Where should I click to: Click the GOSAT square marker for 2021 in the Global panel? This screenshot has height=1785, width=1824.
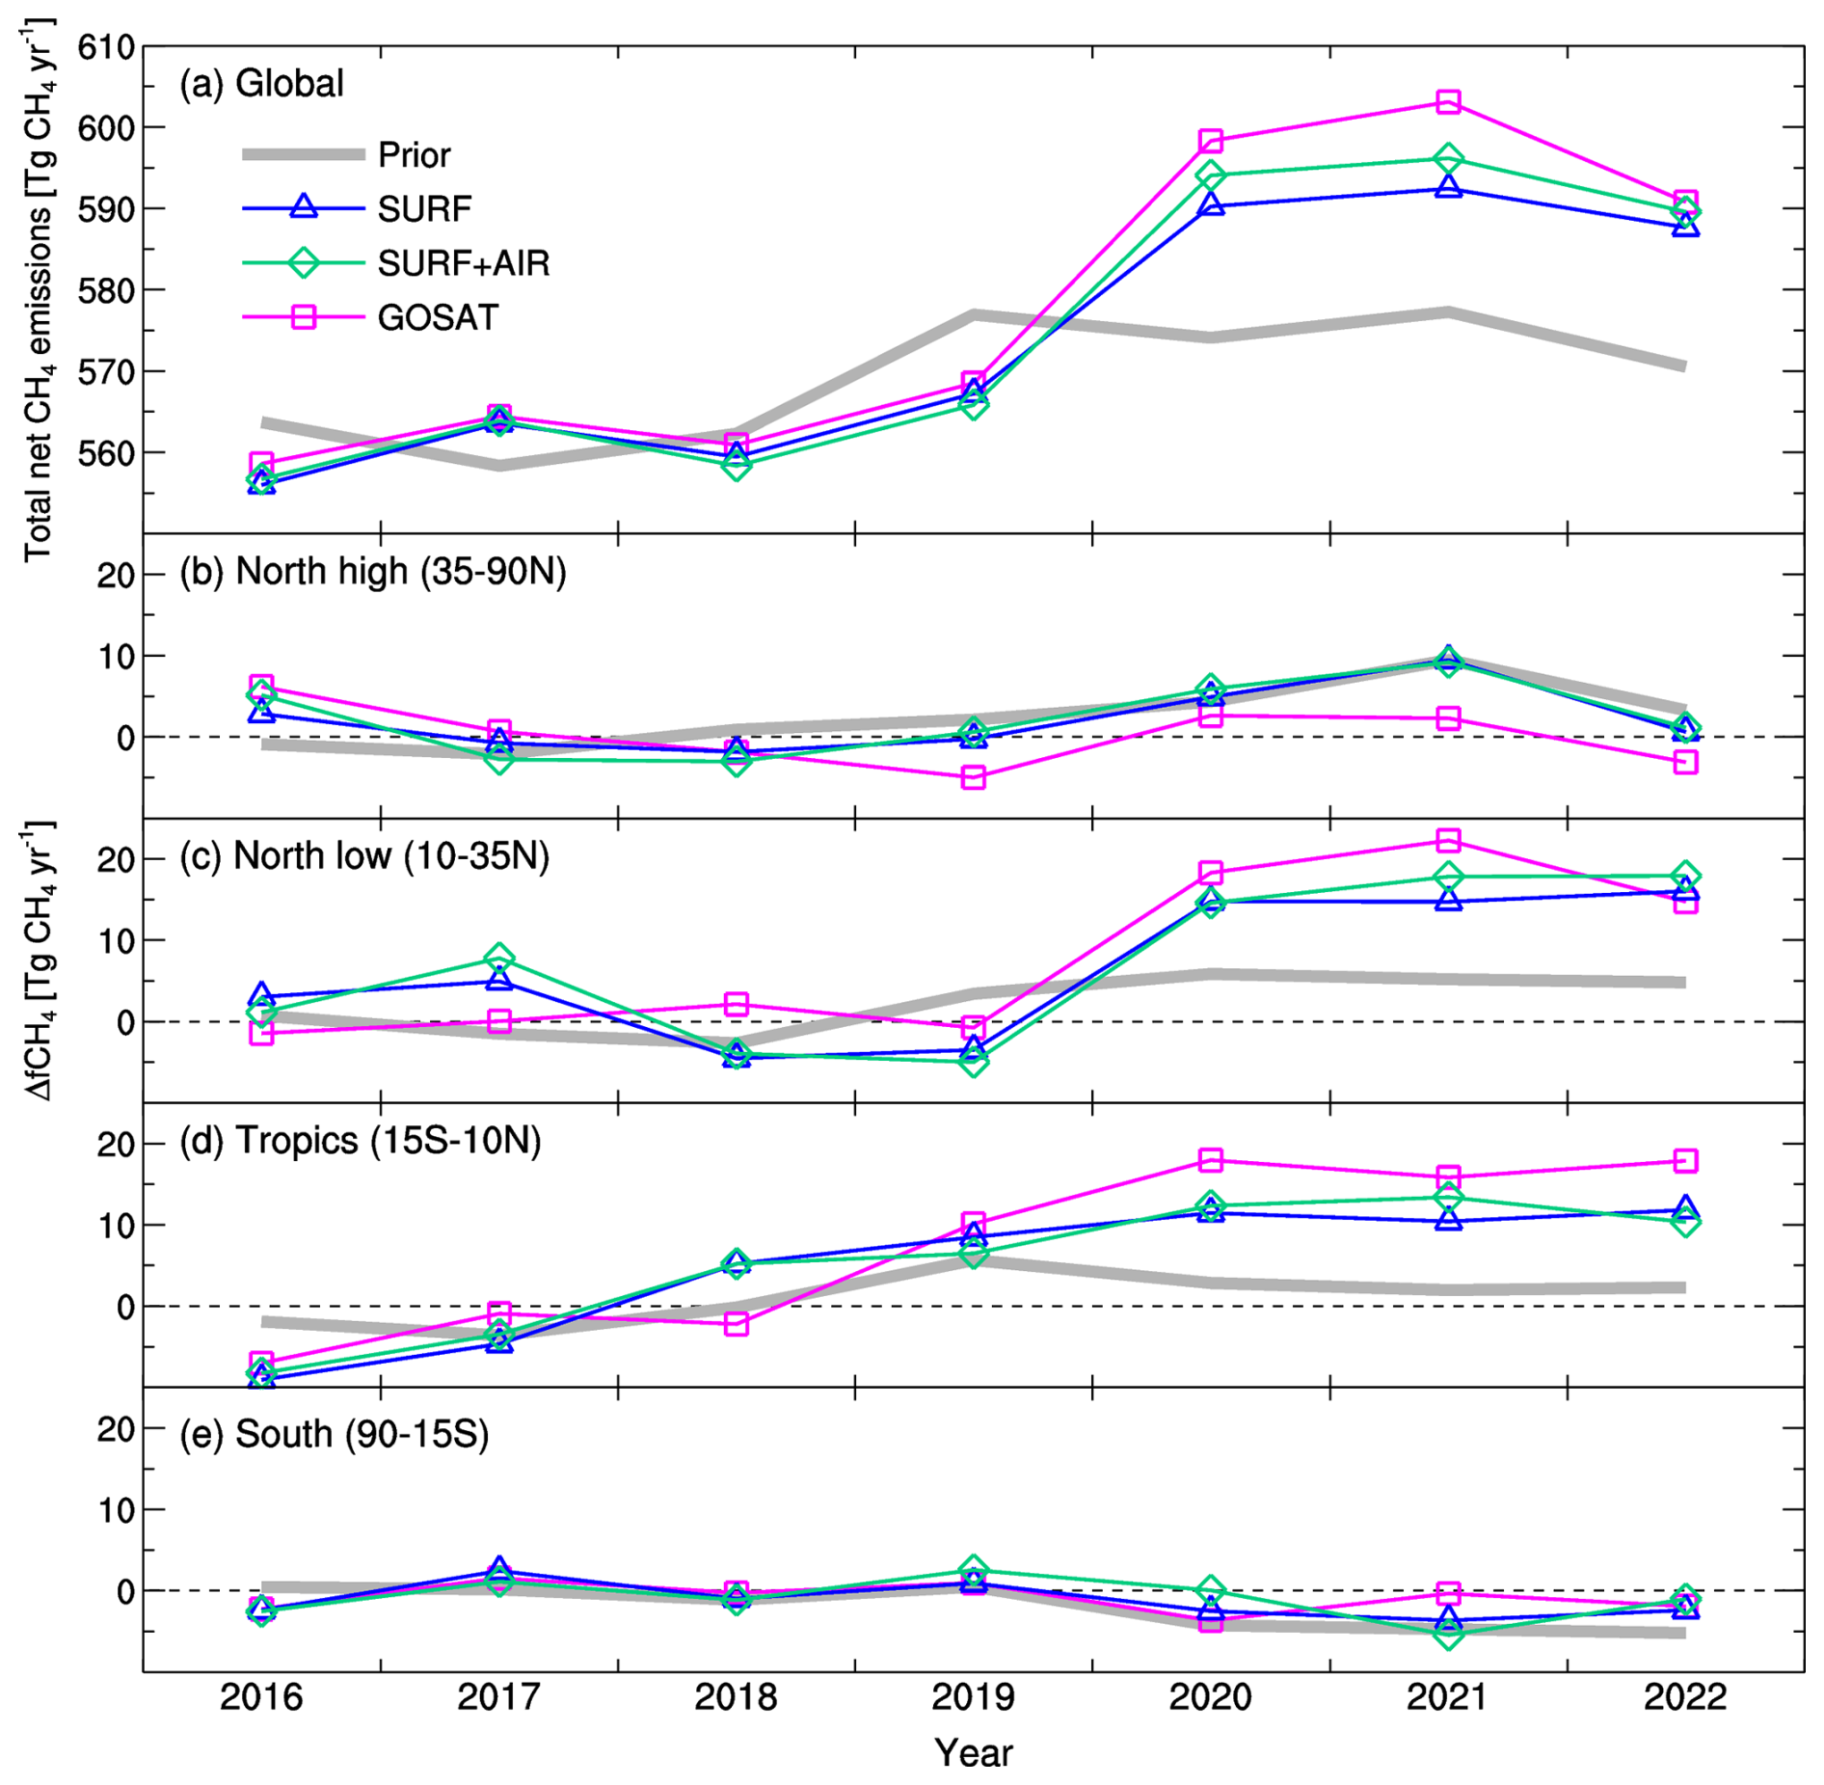pos(1447,101)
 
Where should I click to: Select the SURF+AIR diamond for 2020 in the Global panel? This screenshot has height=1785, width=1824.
pos(1211,176)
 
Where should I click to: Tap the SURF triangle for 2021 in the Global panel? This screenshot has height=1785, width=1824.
pos(1447,187)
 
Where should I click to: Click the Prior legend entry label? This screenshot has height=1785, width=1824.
pos(414,154)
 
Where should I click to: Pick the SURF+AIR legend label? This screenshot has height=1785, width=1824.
pos(463,263)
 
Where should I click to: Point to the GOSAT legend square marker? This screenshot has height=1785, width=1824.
pos(304,317)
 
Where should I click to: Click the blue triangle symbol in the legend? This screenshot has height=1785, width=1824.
pos(304,206)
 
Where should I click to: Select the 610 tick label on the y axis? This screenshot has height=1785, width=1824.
pos(105,46)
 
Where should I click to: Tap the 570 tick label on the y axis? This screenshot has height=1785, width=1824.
pos(105,371)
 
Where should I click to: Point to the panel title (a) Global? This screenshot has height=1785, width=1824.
pos(261,83)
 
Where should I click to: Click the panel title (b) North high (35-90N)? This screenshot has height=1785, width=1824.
pos(372,571)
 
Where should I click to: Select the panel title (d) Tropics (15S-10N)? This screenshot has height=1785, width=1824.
pos(360,1140)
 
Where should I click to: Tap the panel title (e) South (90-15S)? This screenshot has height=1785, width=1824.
pos(334,1434)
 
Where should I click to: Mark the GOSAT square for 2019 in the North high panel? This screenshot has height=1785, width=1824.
pos(973,777)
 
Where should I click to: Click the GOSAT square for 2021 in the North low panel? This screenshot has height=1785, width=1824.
pos(1447,841)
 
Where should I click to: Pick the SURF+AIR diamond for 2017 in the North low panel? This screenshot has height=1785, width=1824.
pos(498,958)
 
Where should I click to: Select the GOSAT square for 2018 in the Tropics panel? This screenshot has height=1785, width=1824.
pos(736,1323)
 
